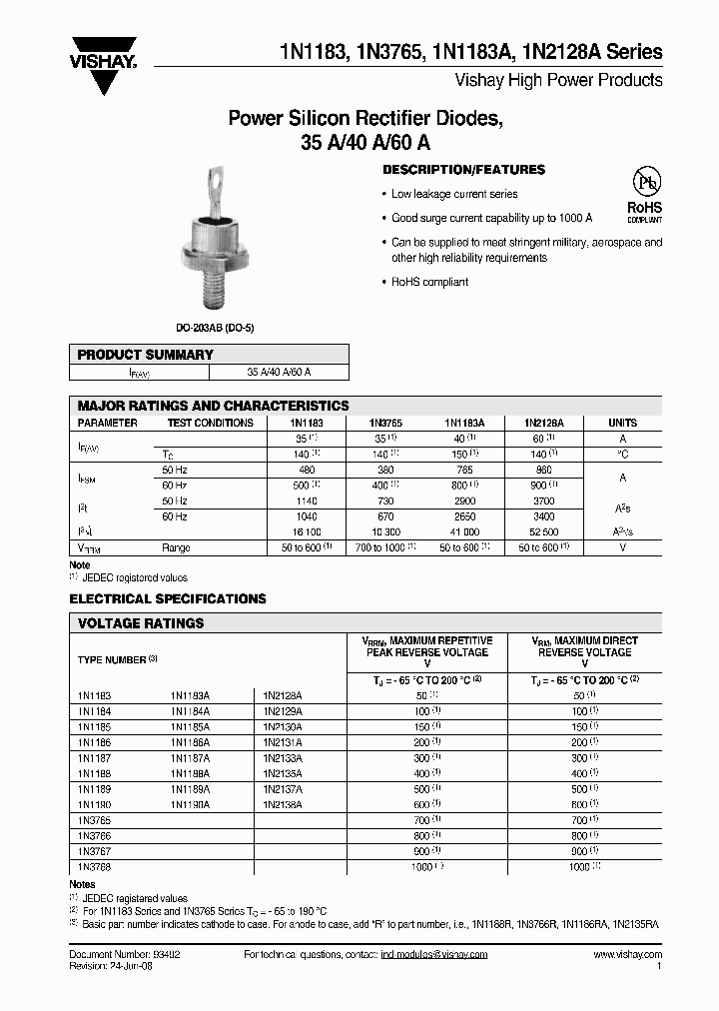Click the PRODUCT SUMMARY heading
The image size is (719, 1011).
(x=146, y=355)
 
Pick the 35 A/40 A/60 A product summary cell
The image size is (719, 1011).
(x=279, y=372)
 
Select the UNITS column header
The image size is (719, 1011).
(x=622, y=423)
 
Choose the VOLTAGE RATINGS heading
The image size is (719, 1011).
(x=141, y=623)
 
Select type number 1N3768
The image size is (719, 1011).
(x=94, y=867)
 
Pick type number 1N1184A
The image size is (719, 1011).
(x=190, y=711)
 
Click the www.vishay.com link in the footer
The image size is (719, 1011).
(x=628, y=955)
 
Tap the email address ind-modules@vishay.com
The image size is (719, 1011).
(x=433, y=955)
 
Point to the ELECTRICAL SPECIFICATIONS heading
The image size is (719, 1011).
(x=168, y=598)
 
